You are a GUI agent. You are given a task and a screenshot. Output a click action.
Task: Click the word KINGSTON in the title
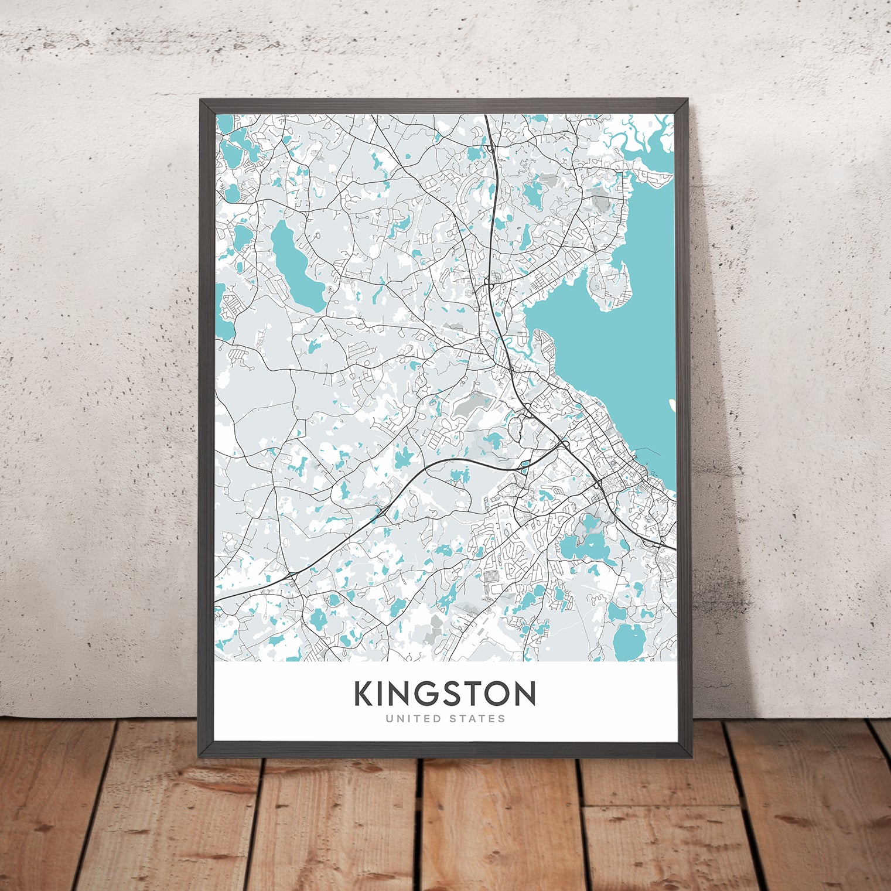(445, 694)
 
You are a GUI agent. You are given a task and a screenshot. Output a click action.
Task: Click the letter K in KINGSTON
(364, 694)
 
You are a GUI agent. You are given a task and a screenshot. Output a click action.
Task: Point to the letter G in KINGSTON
(419, 694)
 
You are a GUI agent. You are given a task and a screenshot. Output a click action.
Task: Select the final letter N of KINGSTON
(525, 694)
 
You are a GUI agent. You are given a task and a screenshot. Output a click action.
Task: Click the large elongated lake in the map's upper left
(296, 267)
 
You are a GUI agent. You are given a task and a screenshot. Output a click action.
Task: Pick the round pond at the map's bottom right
(628, 641)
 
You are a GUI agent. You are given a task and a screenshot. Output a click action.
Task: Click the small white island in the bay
(672, 404)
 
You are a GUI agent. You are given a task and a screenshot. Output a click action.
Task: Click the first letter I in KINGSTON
(379, 694)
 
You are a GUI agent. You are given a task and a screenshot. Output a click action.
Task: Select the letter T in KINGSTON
(470, 694)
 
